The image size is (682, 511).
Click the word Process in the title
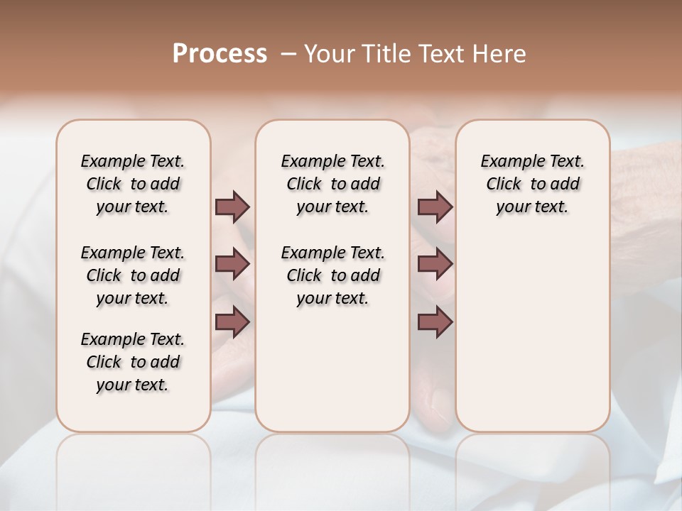(x=220, y=54)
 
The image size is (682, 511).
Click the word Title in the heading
(x=383, y=54)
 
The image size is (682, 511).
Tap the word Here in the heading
(x=499, y=54)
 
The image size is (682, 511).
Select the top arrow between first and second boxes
(x=232, y=207)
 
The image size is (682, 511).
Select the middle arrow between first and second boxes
(x=232, y=265)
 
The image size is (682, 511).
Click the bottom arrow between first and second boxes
(x=232, y=323)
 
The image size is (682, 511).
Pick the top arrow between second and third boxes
(x=435, y=207)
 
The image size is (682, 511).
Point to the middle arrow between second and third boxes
(x=435, y=265)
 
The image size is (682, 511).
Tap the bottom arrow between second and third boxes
(x=435, y=323)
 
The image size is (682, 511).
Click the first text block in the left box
(x=133, y=184)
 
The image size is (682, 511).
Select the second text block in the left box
(x=133, y=275)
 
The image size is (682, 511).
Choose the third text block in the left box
(x=133, y=362)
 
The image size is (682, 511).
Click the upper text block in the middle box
(x=332, y=184)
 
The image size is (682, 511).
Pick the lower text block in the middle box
(x=332, y=275)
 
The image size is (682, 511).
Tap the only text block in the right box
(x=533, y=184)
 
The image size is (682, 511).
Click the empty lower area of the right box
(x=533, y=334)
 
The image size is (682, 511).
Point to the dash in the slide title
(x=288, y=55)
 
